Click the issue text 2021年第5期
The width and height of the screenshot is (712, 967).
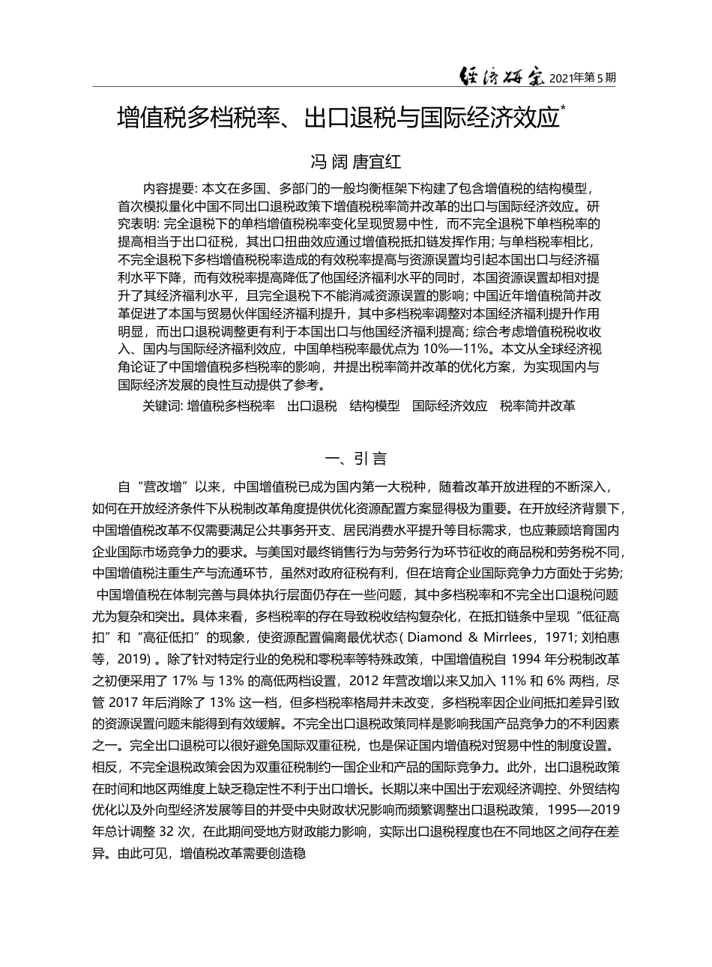tap(582, 78)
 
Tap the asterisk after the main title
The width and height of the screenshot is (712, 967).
tap(564, 109)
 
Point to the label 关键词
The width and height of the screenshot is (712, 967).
tap(161, 406)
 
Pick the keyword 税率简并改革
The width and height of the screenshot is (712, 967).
tap(538, 406)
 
